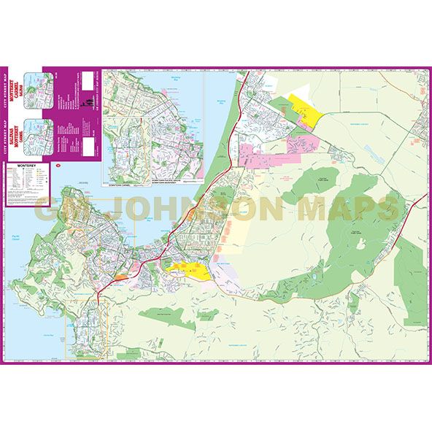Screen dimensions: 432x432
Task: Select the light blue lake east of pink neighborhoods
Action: [x=366, y=153]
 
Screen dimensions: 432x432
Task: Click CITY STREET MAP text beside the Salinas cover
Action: [x=9, y=132]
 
